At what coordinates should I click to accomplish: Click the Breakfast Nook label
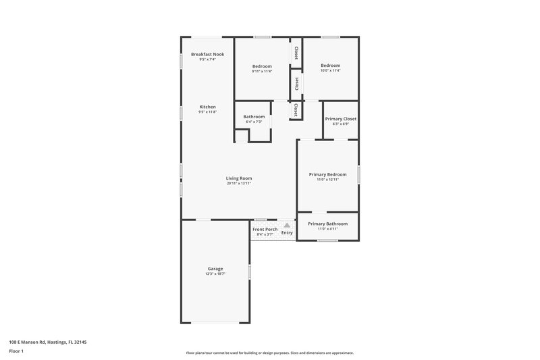(207, 54)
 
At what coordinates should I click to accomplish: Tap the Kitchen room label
(207, 107)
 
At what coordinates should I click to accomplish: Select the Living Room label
(239, 178)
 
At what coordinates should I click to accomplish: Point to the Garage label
(215, 269)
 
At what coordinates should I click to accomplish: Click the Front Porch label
(265, 230)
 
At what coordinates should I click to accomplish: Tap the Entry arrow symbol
(287, 226)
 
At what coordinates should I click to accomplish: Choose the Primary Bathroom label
(327, 224)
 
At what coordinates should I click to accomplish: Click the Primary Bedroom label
(327, 174)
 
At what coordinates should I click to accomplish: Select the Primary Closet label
(340, 119)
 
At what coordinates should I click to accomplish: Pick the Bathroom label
(254, 117)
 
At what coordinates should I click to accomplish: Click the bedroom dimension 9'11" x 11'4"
(262, 71)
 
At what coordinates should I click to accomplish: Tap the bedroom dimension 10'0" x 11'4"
(330, 71)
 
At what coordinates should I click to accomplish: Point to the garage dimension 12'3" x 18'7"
(215, 274)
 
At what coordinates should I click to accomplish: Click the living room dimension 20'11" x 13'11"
(239, 184)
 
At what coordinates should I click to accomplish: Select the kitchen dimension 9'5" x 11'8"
(207, 112)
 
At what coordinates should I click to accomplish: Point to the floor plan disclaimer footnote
(269, 353)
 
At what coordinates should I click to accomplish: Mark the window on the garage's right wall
(249, 272)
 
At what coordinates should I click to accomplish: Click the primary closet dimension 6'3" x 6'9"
(340, 124)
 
